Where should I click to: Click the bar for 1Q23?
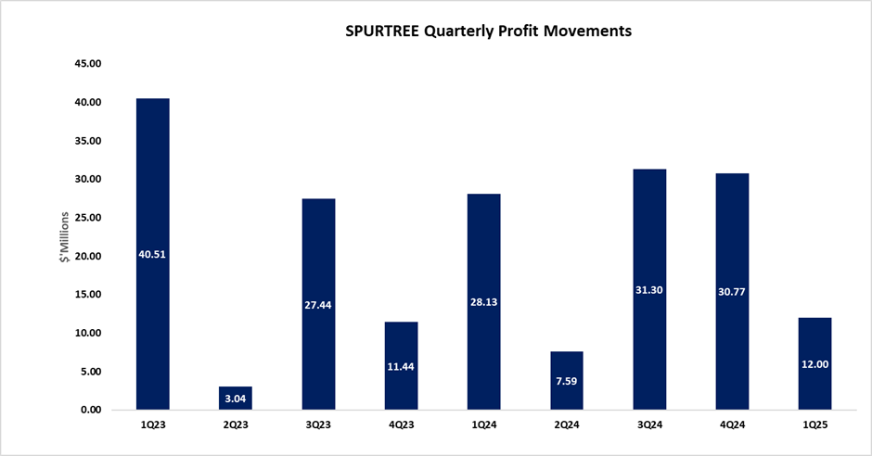tap(152, 185)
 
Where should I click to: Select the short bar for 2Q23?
tap(236, 399)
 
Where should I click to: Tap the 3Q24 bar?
tap(649, 232)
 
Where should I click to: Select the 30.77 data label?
tap(732, 291)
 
